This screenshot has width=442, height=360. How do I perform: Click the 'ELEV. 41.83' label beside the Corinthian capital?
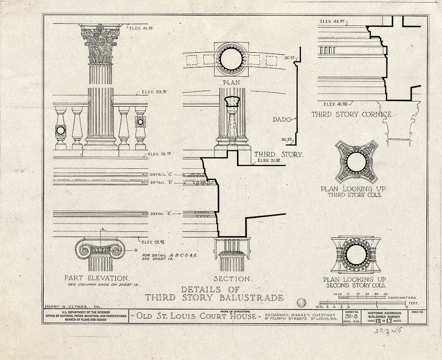141,28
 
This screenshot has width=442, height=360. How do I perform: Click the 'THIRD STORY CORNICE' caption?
352,114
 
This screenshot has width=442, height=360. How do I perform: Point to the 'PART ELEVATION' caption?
96,278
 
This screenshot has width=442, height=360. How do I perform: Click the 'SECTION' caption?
232,278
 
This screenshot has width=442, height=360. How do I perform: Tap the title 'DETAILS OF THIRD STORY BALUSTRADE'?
214,294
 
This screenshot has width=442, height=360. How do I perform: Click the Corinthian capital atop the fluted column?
101,43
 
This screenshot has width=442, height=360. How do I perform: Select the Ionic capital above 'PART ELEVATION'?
100,249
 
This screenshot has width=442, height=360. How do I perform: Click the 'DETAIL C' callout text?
161,174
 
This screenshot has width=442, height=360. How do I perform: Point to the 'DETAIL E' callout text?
161,214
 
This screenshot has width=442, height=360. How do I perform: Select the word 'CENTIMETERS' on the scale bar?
402,297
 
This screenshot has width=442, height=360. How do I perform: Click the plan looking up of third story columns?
356,162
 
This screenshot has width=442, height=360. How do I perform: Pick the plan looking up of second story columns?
356,255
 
